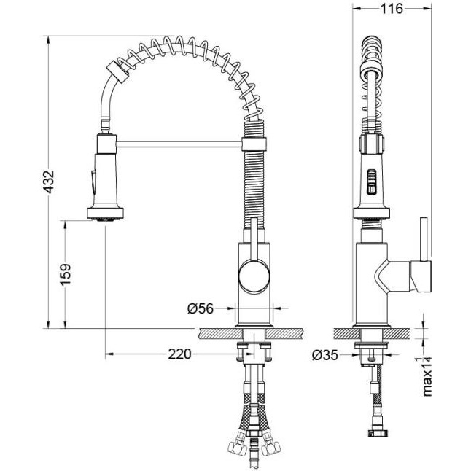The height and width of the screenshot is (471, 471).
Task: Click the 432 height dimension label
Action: tap(48, 182)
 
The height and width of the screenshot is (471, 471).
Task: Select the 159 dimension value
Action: tap(65, 275)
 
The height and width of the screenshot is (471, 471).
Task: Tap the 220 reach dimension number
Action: tap(179, 354)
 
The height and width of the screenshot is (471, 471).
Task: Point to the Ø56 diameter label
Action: tap(201, 308)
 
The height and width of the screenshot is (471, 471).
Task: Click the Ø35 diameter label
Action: tap(325, 355)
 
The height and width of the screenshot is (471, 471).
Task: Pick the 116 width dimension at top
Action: tap(392, 9)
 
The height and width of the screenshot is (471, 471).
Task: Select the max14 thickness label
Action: tap(427, 376)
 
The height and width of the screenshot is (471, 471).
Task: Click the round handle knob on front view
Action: tap(254, 276)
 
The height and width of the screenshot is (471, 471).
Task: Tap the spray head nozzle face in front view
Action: tap(105, 219)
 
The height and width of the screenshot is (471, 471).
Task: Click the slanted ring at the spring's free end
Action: tap(118, 71)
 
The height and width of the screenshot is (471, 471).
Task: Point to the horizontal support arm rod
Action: tap(179, 144)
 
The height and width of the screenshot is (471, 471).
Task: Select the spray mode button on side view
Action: tap(371, 182)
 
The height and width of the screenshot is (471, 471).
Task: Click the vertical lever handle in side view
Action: tap(424, 239)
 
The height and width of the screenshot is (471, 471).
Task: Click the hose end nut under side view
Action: tap(378, 432)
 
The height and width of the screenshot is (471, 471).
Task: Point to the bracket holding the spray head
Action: tap(106, 144)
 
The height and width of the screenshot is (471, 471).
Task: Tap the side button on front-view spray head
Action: tap(93, 182)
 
